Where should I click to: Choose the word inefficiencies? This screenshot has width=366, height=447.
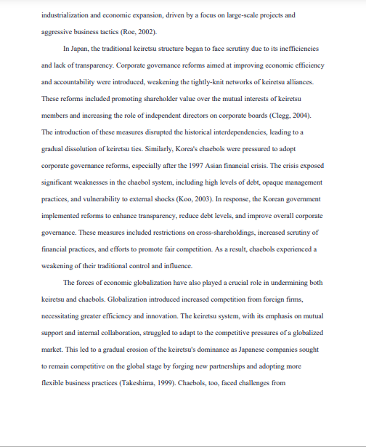(296, 49)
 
